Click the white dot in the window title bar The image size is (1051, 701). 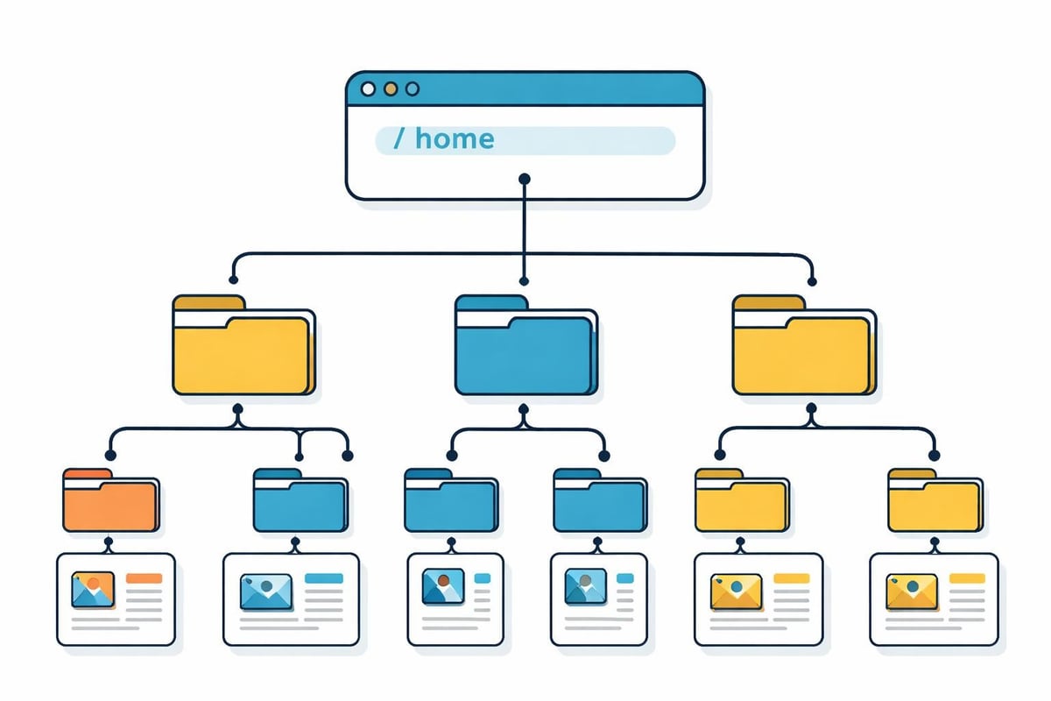tap(368, 89)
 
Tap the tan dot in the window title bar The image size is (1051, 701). tap(391, 89)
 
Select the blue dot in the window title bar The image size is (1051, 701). tap(413, 89)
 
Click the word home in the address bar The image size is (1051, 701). tap(455, 138)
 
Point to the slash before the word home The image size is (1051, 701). tap(399, 138)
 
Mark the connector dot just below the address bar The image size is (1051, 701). tap(524, 179)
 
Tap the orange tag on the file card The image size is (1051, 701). tap(145, 578)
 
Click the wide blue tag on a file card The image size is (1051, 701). tap(323, 578)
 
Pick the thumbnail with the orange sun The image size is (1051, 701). tap(94, 591)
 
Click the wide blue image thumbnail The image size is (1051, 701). tap(265, 591)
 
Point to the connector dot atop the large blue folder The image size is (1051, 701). tap(524, 281)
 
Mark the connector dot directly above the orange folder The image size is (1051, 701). tap(109, 455)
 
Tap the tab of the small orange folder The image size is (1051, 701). tap(87, 474)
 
